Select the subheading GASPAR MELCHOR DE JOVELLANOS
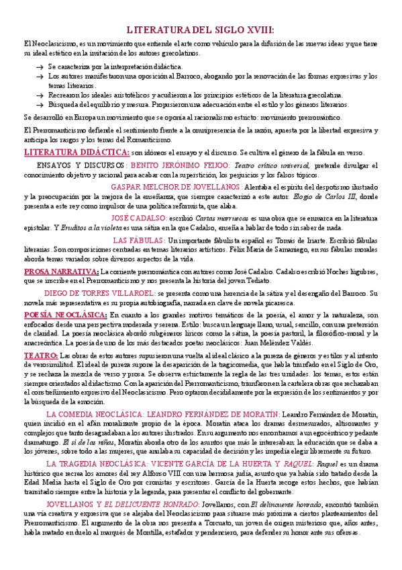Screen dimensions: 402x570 176,186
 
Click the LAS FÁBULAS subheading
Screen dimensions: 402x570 139,240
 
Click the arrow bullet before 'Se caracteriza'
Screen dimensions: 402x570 38,67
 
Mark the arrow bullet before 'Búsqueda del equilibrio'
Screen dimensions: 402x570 38,106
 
